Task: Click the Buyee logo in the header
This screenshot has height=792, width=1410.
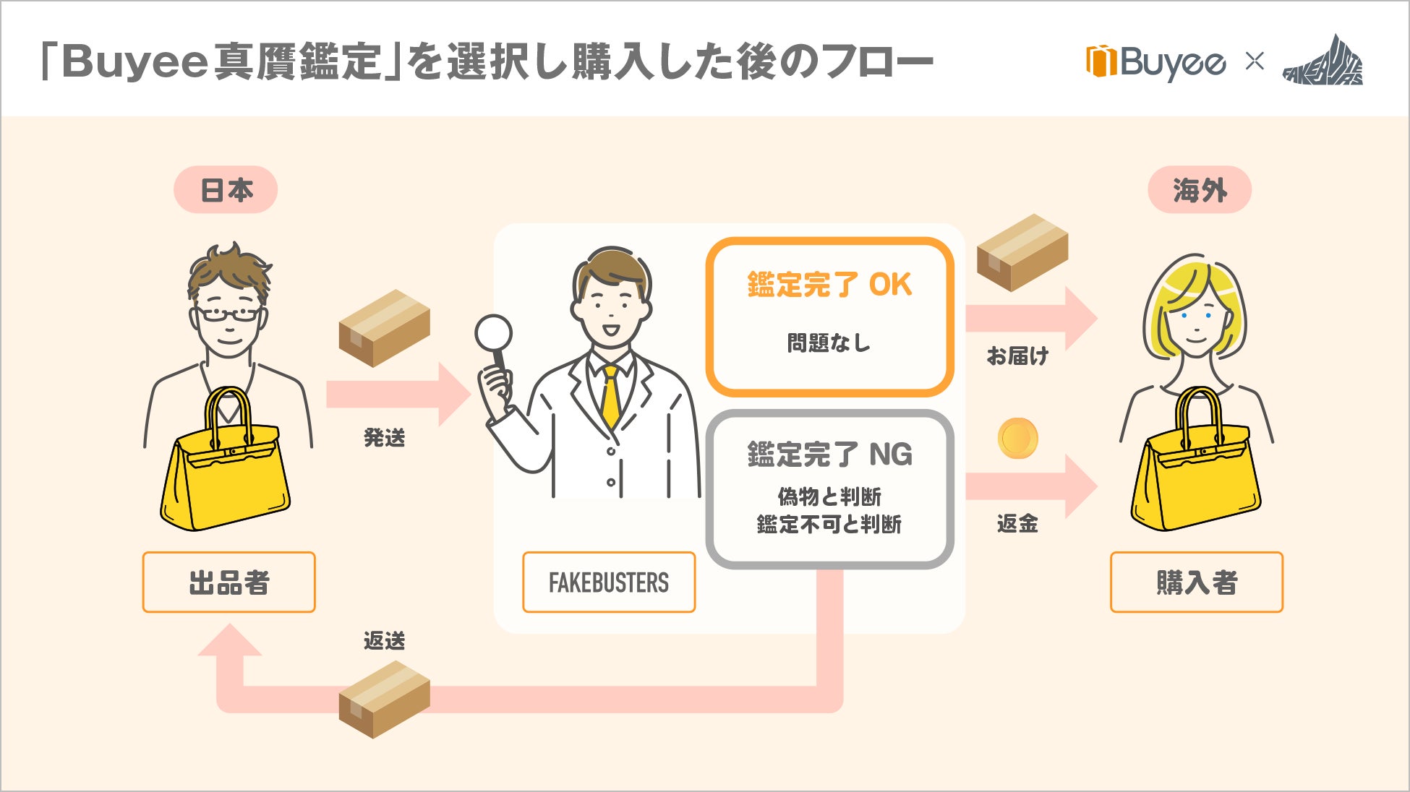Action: (x=1155, y=63)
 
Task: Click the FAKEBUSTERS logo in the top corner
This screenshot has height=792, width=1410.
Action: (x=1323, y=63)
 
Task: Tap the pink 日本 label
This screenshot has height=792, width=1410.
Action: (x=226, y=190)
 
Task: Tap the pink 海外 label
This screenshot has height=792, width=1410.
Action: (x=1200, y=190)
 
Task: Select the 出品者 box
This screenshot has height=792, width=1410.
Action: (x=228, y=582)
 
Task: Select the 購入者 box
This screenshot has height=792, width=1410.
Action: (x=1196, y=582)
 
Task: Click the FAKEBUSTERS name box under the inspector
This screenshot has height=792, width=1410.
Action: (x=609, y=582)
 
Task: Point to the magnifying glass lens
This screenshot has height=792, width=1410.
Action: (x=494, y=334)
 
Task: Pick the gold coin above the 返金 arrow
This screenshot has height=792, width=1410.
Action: (x=1017, y=438)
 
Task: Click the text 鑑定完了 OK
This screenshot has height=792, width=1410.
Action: (x=829, y=285)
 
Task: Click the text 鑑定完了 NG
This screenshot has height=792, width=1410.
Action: (x=829, y=455)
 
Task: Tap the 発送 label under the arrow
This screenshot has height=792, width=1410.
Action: (x=384, y=437)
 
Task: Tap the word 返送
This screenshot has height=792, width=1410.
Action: (x=384, y=641)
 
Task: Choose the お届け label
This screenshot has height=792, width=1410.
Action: (x=1017, y=356)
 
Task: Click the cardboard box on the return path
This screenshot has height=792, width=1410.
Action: (x=384, y=699)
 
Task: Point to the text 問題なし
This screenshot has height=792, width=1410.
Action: (x=829, y=343)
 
